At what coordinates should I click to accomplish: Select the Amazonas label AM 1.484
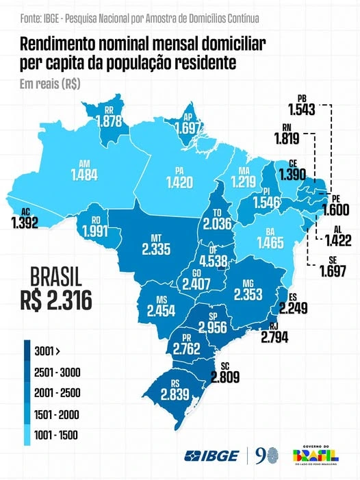(84, 170)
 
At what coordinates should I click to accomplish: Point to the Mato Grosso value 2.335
(156, 249)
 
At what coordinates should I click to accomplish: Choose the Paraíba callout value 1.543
(302, 110)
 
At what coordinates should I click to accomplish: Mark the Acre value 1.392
(25, 223)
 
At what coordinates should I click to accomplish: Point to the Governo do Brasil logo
(316, 455)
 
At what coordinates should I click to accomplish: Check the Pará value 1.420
(179, 182)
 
